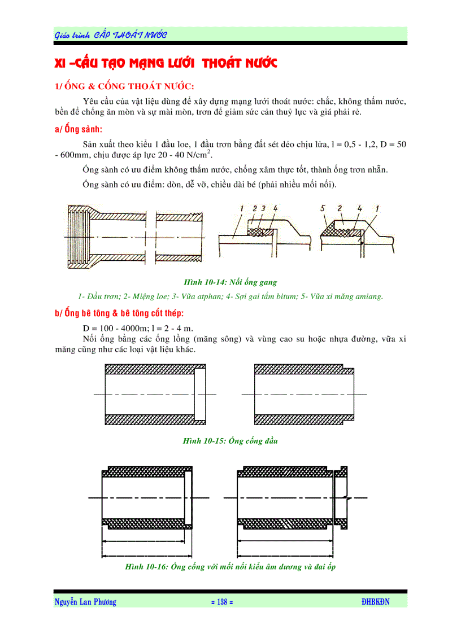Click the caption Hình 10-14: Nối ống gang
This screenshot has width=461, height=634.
pyautogui.click(x=230, y=282)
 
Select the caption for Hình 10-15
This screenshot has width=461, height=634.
pyautogui.click(x=230, y=441)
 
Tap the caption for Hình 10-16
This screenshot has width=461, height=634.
pyautogui.click(x=230, y=567)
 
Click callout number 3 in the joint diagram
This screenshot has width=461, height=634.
pyautogui.click(x=264, y=209)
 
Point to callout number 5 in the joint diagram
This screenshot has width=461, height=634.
pyautogui.click(x=323, y=209)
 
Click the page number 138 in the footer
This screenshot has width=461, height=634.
pyautogui.click(x=221, y=602)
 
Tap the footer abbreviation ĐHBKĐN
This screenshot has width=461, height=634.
pyautogui.click(x=375, y=602)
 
